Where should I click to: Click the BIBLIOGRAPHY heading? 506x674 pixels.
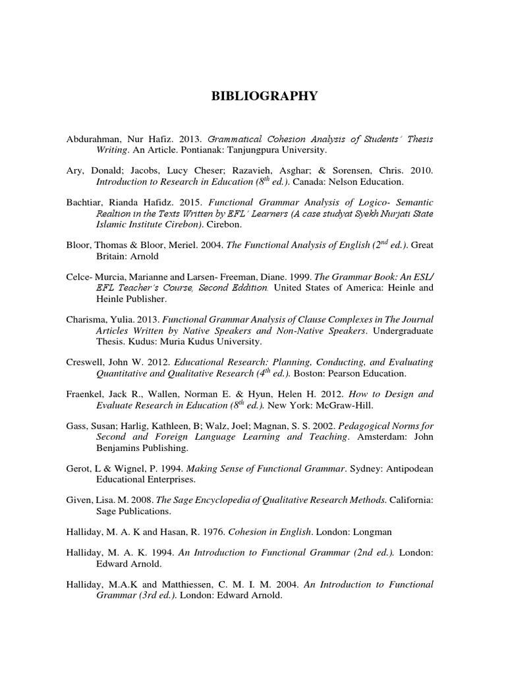[264, 97]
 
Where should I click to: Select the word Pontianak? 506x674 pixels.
[190, 151]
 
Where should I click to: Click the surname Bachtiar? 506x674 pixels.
[86, 204]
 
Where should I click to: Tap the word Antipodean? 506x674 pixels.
[410, 469]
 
